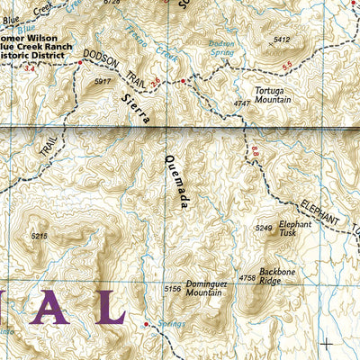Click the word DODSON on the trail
click(101, 57)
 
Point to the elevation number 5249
click(264, 229)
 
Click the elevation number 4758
click(247, 278)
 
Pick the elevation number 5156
click(173, 289)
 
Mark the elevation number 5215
click(38, 236)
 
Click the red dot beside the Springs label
click(148, 321)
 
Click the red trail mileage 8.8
click(255, 157)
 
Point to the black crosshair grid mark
click(326, 342)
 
